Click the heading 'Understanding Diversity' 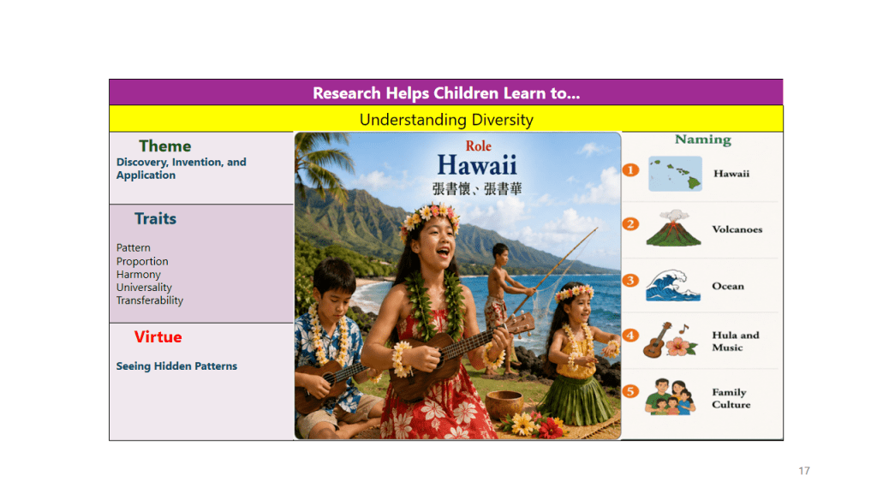[x=446, y=120]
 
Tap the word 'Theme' [x=165, y=146]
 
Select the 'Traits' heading [x=156, y=218]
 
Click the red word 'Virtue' [x=158, y=337]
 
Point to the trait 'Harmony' [x=138, y=275]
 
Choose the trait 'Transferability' [x=149, y=300]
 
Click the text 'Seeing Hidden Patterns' [x=176, y=366]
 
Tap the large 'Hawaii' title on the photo [x=477, y=165]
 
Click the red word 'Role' [x=478, y=146]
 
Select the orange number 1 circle [x=630, y=170]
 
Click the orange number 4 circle [x=630, y=336]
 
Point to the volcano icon [x=673, y=228]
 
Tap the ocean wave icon [x=673, y=285]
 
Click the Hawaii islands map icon [x=675, y=174]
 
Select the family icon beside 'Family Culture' [x=670, y=397]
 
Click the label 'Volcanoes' [x=737, y=229]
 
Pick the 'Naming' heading [x=703, y=140]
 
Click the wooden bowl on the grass [x=504, y=404]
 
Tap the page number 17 [x=804, y=471]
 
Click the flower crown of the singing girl [x=430, y=217]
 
